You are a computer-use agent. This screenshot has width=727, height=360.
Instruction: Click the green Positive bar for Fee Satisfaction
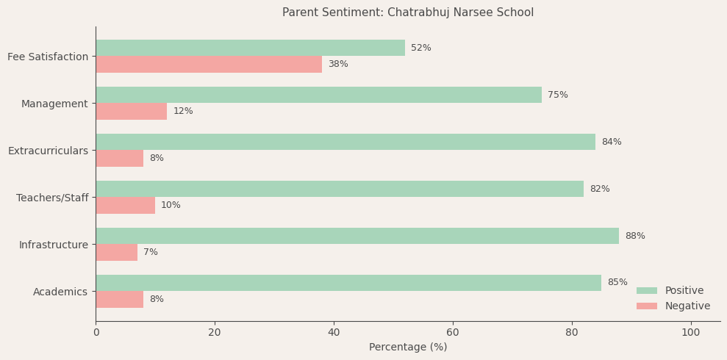click(x=250, y=48)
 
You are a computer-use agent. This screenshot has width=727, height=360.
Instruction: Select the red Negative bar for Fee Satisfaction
click(x=209, y=64)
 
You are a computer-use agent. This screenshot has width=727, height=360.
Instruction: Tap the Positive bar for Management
click(x=318, y=95)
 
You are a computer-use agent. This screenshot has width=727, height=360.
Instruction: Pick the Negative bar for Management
click(x=131, y=111)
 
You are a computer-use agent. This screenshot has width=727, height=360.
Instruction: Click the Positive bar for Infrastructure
click(x=357, y=236)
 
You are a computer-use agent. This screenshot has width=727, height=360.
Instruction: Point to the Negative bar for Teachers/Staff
click(x=125, y=205)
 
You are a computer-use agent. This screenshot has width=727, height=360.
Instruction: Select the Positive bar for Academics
click(x=348, y=283)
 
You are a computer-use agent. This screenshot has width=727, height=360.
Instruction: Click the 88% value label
click(x=635, y=236)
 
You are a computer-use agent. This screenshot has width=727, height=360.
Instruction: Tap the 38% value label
click(x=338, y=64)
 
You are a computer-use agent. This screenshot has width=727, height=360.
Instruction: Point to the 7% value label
click(x=151, y=252)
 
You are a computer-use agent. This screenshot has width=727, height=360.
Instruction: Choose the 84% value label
click(x=612, y=142)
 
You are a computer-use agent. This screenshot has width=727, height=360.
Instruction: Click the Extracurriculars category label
click(x=48, y=151)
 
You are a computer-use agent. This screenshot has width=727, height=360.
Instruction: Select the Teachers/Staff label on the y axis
click(x=52, y=198)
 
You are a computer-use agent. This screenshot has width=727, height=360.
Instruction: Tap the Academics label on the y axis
click(x=60, y=292)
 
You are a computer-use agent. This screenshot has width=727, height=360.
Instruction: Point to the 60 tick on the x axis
click(x=453, y=332)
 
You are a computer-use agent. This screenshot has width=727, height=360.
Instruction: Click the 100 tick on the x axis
click(x=691, y=332)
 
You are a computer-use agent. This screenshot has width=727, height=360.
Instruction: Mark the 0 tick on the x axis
click(x=96, y=332)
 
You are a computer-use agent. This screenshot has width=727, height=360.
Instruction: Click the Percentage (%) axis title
click(x=408, y=347)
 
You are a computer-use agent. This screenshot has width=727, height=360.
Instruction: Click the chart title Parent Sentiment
click(x=408, y=12)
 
